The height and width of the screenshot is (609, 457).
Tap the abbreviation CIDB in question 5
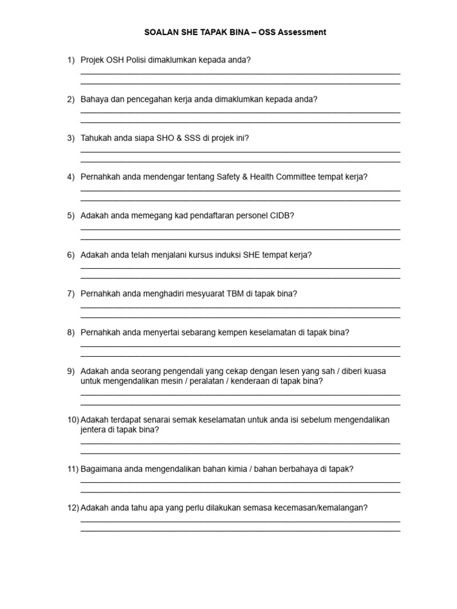281,215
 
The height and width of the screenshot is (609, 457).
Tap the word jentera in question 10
94,429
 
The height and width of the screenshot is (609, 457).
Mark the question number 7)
71,293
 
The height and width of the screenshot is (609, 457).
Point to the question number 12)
73,508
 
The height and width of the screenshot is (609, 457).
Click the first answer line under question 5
240,230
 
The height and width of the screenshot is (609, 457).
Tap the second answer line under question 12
240,530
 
